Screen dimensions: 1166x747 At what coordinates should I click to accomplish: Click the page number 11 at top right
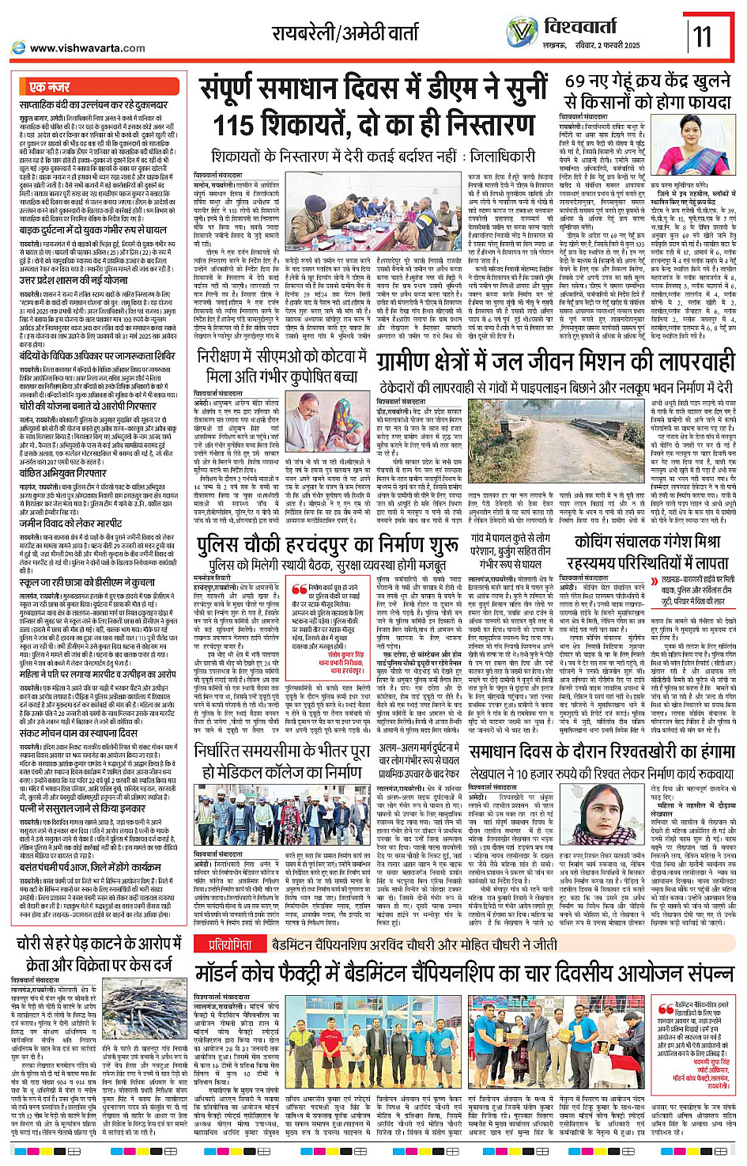702,36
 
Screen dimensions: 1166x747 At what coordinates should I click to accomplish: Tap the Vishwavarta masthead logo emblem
522,32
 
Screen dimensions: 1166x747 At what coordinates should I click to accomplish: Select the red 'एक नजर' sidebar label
49,87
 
